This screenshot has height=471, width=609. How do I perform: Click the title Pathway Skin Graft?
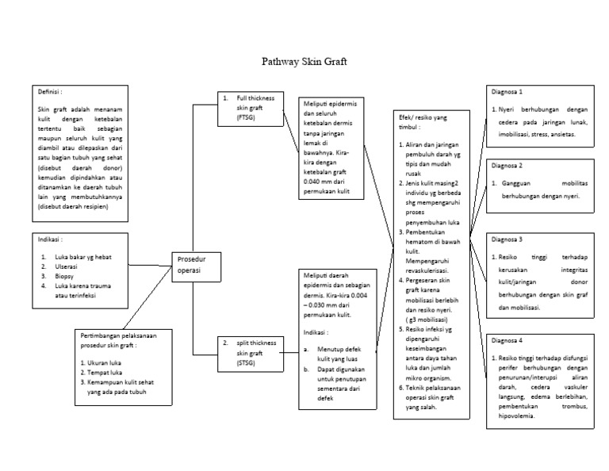[x=304, y=61]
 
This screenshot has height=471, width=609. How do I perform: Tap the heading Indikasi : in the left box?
[x=51, y=238]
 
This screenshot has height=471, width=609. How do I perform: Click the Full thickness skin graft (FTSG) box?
[x=247, y=107]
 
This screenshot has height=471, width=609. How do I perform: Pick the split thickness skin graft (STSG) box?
[x=247, y=352]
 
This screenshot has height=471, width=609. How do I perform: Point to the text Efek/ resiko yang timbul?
[x=423, y=121]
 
